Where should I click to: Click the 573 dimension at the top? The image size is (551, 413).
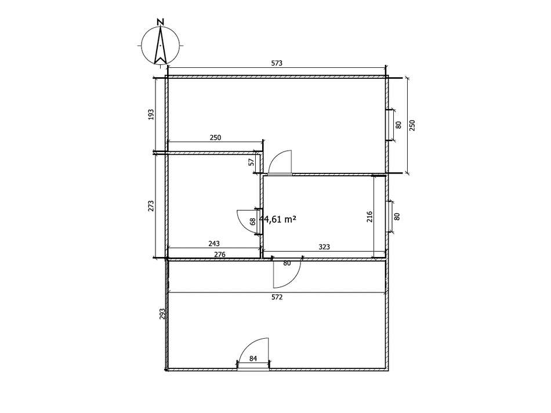click(x=277, y=63)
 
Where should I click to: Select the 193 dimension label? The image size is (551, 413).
click(x=151, y=114)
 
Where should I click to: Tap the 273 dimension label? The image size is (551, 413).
click(x=151, y=205)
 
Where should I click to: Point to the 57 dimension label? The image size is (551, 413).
click(x=251, y=162)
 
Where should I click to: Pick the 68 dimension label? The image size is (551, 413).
click(x=252, y=222)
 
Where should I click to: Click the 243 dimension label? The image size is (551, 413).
click(x=214, y=243)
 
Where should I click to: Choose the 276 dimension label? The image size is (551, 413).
click(x=220, y=254)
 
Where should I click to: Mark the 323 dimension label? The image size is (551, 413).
click(x=324, y=247)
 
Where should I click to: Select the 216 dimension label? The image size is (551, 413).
click(x=369, y=216)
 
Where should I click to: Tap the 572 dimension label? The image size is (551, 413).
click(x=277, y=297)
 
